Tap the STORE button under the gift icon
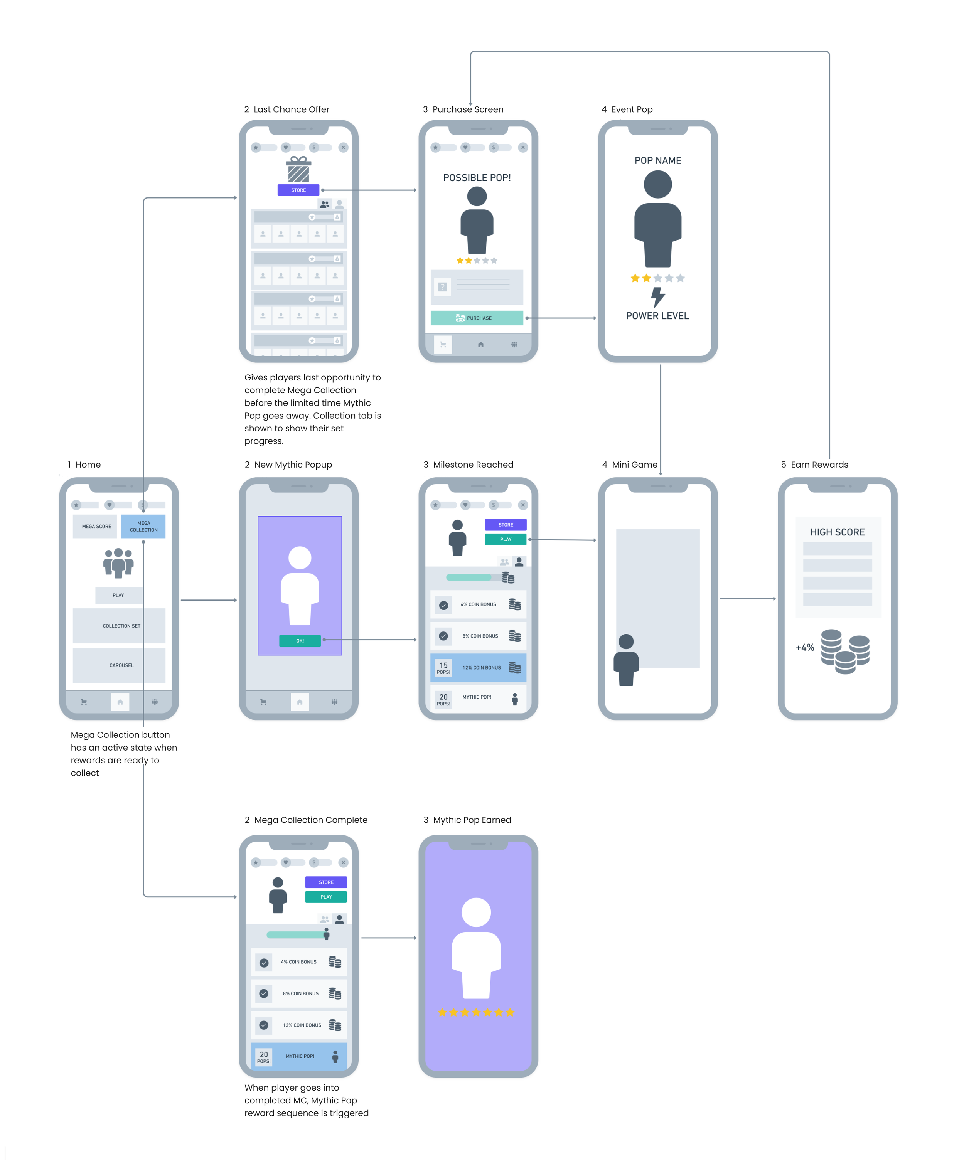[x=298, y=190]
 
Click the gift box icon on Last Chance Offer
[x=298, y=169]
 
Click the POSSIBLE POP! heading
[x=477, y=178]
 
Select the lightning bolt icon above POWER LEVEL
[x=657, y=297]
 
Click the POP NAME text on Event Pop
[x=657, y=161]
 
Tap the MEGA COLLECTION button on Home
[x=143, y=527]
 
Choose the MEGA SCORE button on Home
[x=96, y=527]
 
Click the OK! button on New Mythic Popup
[x=300, y=641]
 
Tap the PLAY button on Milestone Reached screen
[x=506, y=540]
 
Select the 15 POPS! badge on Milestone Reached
[x=443, y=668]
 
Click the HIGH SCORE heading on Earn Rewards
[x=838, y=532]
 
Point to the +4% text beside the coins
[x=805, y=647]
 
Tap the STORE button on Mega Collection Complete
[x=326, y=882]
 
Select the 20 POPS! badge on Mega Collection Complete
[x=264, y=1057]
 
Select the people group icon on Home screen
[x=118, y=563]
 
